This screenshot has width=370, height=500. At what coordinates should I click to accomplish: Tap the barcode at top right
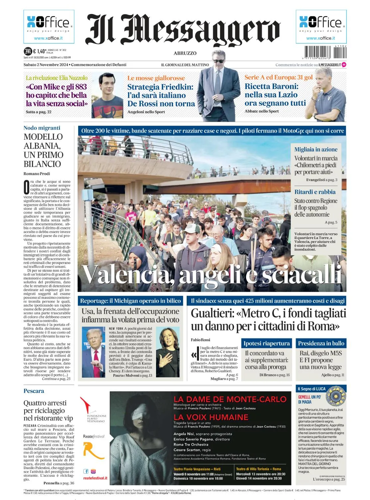(x=325, y=52)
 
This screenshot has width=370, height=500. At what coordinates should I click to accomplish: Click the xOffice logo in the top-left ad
(x=49, y=23)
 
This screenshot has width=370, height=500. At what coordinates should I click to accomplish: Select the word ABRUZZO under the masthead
(x=185, y=53)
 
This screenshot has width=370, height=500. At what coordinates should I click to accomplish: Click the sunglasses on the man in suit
(x=219, y=61)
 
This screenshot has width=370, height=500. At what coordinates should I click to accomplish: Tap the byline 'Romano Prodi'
(x=37, y=174)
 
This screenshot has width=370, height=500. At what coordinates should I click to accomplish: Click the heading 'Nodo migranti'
(x=42, y=128)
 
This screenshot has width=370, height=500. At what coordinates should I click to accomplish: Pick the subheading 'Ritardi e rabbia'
(x=315, y=192)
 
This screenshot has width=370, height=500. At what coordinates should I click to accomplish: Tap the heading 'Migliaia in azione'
(x=316, y=149)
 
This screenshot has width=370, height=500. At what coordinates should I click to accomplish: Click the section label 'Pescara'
(x=34, y=391)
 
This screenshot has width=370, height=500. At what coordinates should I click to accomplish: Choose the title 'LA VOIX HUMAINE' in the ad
(x=211, y=417)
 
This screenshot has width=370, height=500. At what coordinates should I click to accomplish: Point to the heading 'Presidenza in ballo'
(x=321, y=343)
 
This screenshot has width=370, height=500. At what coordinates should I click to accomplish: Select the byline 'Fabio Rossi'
(x=200, y=340)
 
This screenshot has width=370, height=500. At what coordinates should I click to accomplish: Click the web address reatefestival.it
(x=95, y=478)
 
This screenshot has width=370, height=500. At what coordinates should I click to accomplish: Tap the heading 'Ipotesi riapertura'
(x=267, y=343)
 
